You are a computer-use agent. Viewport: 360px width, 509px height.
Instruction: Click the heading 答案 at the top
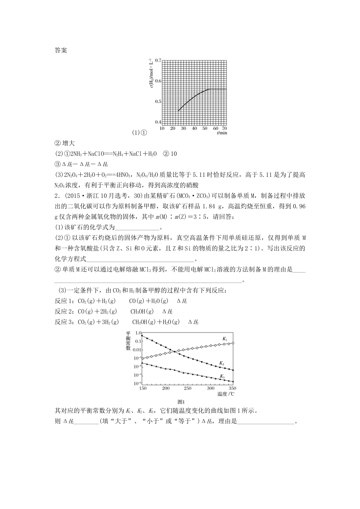click(x=61, y=50)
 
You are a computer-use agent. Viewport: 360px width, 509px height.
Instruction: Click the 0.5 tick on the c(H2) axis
click(x=158, y=101)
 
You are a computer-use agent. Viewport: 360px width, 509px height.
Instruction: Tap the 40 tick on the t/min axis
click(x=194, y=128)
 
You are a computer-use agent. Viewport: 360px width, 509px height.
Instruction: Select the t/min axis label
click(x=222, y=133)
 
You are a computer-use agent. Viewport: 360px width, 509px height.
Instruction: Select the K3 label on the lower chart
click(x=222, y=376)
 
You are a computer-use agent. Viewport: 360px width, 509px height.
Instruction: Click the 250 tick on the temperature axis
click(x=188, y=389)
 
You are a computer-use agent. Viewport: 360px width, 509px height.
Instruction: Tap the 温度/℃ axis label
click(x=225, y=394)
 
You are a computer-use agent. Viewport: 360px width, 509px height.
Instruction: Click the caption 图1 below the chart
click(x=181, y=402)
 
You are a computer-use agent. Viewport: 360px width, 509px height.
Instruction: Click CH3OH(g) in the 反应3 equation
click(x=143, y=322)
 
